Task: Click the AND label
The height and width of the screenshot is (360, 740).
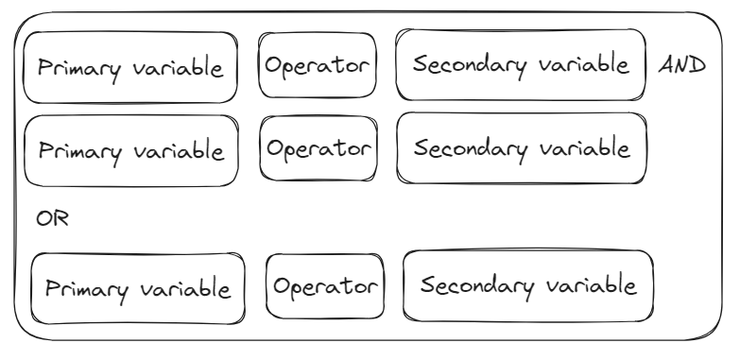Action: tap(682, 65)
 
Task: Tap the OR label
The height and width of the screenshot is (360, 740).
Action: tap(52, 218)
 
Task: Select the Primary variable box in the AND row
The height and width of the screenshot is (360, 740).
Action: tap(130, 67)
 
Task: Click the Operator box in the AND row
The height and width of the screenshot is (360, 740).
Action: tap(318, 65)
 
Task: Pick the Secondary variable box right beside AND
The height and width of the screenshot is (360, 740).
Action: tap(521, 64)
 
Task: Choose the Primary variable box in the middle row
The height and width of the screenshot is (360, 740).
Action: tap(131, 150)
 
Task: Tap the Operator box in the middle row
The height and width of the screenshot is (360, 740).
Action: tap(318, 148)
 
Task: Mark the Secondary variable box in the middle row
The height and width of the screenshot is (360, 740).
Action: tap(522, 147)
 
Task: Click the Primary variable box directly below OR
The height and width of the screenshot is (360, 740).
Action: tap(138, 288)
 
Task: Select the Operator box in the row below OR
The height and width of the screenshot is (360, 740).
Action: tap(325, 286)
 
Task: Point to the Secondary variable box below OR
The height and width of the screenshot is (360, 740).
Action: tap(528, 286)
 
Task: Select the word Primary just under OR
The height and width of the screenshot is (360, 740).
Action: tap(87, 290)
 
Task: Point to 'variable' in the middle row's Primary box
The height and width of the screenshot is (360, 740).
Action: tap(179, 150)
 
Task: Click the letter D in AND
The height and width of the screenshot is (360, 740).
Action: tap(697, 65)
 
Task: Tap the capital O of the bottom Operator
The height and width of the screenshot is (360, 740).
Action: tap(282, 286)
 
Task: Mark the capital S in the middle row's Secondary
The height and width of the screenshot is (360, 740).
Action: tap(421, 147)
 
